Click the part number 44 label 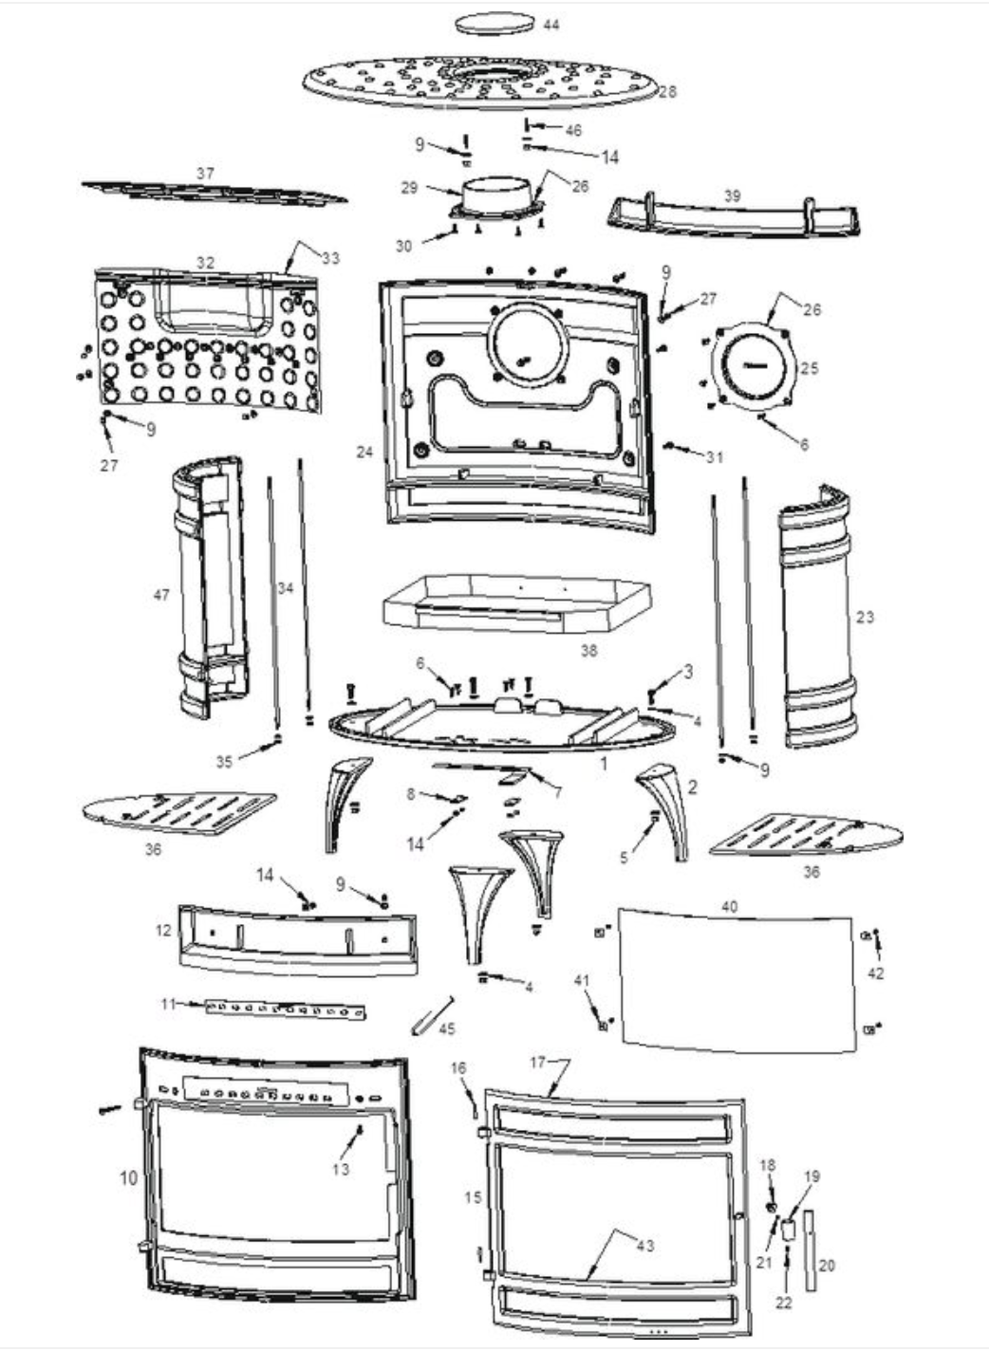551,24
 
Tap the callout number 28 667,91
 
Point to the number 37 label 205,174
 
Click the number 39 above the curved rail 732,195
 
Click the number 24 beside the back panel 364,453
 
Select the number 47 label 161,595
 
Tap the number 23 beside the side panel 864,617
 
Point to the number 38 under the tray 588,651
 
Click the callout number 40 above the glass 729,906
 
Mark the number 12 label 163,930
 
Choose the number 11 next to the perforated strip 168,1003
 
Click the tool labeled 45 432,1017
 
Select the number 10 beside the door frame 128,1177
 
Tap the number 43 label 644,1245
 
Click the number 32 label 205,263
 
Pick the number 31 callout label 714,457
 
